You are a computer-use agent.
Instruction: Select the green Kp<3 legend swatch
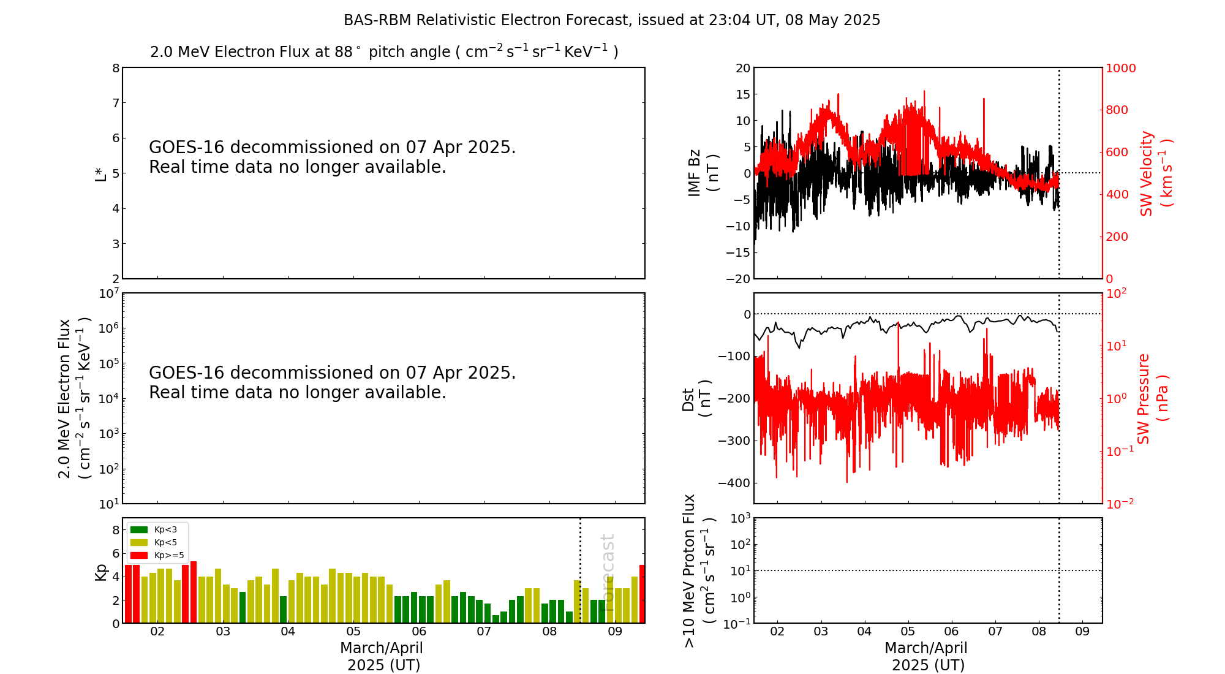(139, 529)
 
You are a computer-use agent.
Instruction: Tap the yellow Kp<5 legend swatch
(139, 542)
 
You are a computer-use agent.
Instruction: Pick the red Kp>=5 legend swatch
(139, 555)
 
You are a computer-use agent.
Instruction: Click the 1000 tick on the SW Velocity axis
(1120, 68)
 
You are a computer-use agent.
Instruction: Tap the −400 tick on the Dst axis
(734, 483)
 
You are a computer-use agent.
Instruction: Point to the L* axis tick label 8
(116, 68)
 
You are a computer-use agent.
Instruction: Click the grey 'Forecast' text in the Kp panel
(608, 564)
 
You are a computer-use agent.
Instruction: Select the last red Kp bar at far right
(642, 594)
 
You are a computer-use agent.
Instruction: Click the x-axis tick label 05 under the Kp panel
(353, 632)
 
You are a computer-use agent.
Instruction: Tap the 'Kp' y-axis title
(101, 572)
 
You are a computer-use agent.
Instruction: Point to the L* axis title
(100, 173)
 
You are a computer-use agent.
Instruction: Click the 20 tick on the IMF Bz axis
(743, 68)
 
